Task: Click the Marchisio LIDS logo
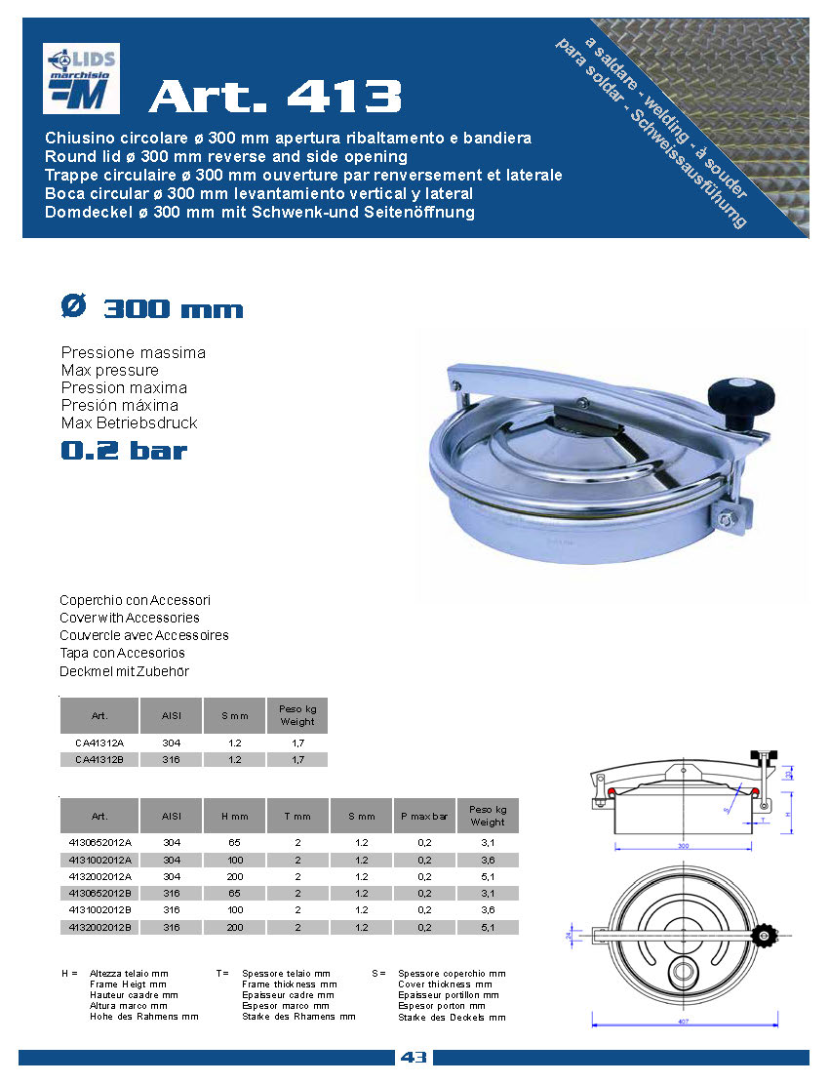coord(81,79)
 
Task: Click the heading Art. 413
coord(275,96)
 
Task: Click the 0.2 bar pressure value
coord(123,451)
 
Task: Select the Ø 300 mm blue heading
coord(151,308)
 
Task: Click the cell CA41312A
coord(99,743)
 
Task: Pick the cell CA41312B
coord(99,759)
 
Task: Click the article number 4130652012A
coord(99,842)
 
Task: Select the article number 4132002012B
coord(99,927)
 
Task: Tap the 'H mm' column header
coord(235,815)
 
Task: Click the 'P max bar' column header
coord(424,815)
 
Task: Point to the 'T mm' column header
coord(297,815)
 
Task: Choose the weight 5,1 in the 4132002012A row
coord(488,876)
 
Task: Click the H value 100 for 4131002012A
coord(235,860)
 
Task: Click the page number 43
coord(413,1058)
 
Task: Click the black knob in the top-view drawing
coord(766,938)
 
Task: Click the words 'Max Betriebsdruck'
coord(129,423)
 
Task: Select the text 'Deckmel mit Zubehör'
coord(124,671)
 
